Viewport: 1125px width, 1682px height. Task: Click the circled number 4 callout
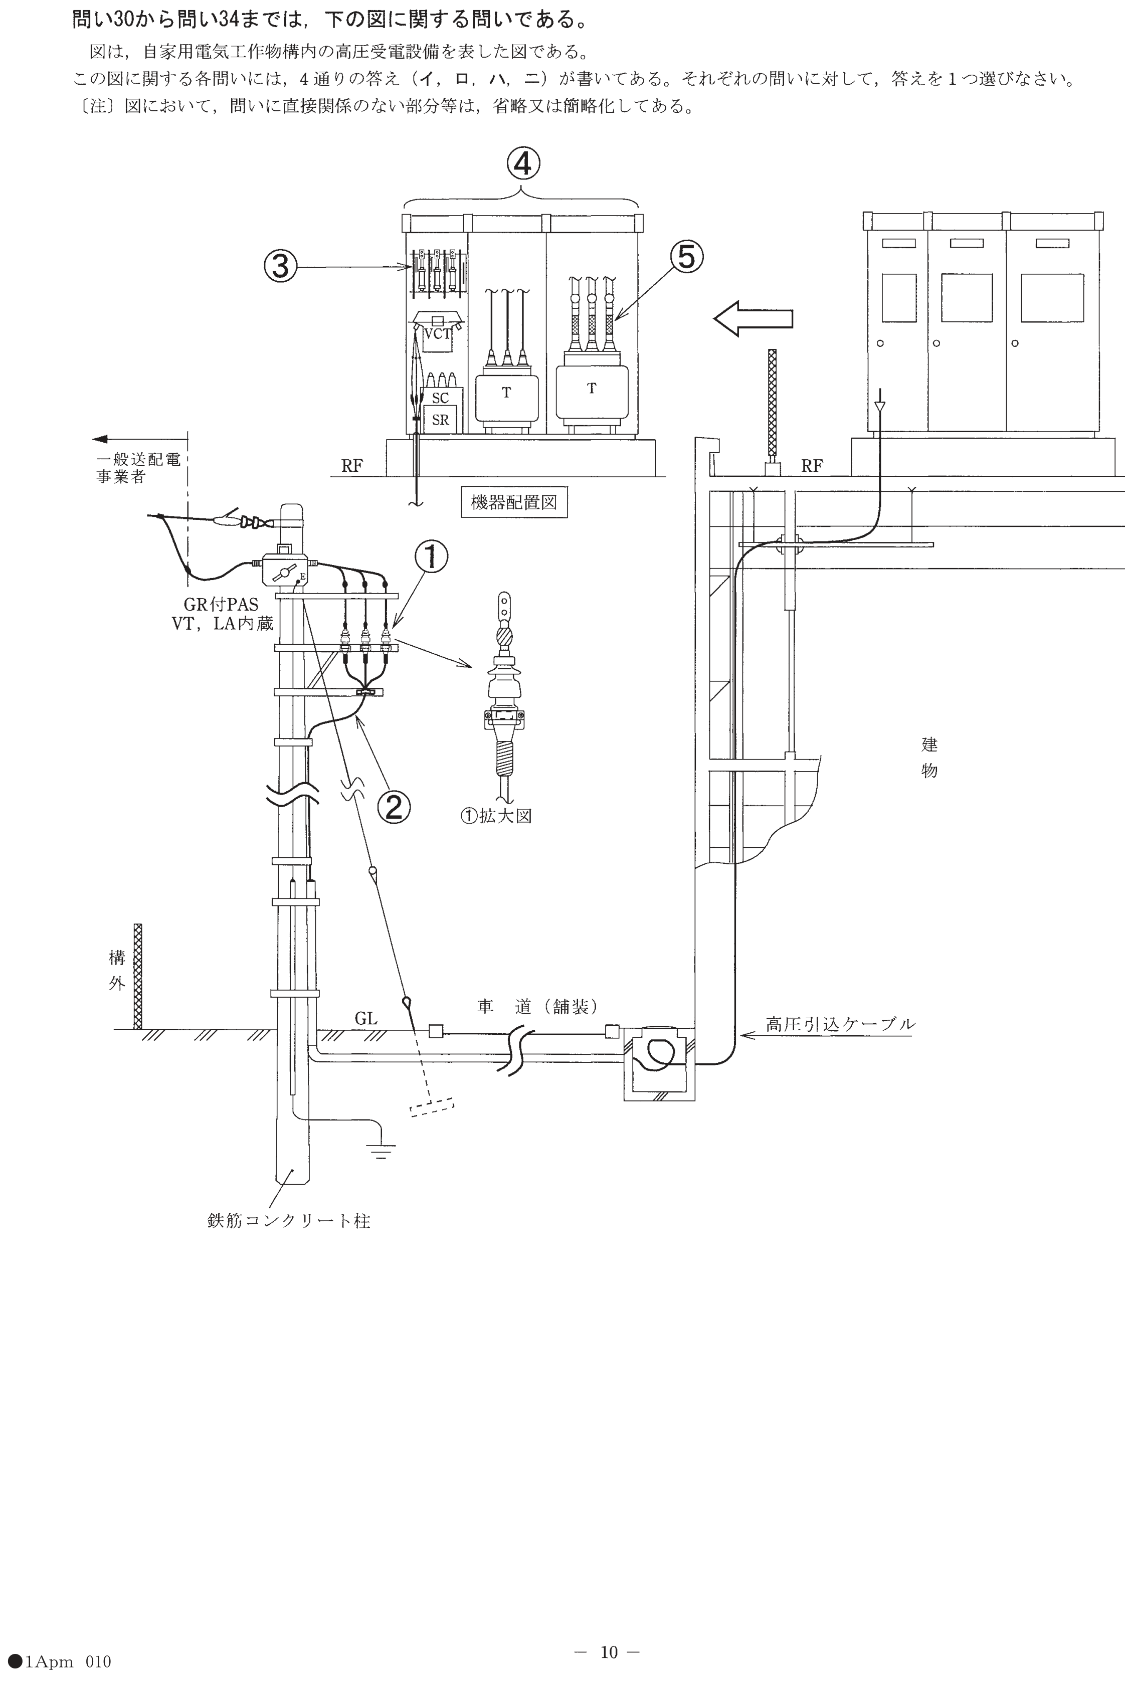coord(523,164)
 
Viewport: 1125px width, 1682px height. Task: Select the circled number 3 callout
coord(281,267)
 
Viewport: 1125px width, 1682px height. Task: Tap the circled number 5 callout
coord(687,256)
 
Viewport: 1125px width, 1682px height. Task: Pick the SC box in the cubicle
coord(441,398)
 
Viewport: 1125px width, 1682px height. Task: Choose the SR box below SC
coord(441,420)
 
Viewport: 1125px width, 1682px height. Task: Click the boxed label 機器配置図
coord(514,502)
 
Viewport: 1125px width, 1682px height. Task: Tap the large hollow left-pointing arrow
coord(754,318)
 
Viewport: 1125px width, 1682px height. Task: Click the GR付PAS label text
coord(221,605)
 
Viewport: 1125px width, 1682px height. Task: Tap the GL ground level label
coord(366,1019)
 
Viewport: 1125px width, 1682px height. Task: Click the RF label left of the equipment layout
coord(351,466)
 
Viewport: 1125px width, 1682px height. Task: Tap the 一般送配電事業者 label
coord(138,468)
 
